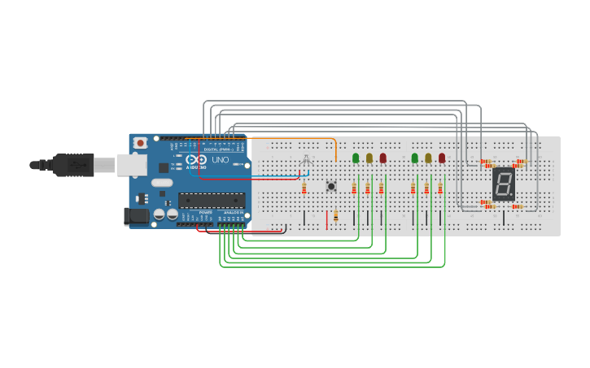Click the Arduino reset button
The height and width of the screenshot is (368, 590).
141,143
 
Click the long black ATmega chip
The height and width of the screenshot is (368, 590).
212,200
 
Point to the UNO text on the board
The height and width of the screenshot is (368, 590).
221,160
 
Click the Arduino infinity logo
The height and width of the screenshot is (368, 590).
194,161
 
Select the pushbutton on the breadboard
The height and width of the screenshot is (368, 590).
331,187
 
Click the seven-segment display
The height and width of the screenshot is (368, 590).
504,184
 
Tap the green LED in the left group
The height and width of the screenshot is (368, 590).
356,158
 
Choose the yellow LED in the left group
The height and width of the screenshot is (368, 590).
369,158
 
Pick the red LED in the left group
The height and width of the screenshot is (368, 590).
382,158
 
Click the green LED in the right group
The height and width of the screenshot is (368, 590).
414,158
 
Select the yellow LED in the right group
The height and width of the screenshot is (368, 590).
428,158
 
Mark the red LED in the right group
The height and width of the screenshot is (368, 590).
442,158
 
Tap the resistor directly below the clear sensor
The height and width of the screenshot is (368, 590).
304,188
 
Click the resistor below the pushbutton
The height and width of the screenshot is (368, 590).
335,216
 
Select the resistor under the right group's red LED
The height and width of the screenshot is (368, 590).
440,188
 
